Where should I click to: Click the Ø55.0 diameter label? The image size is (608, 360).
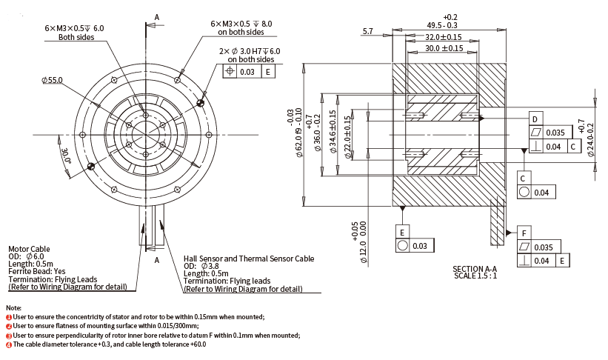[x=53, y=79]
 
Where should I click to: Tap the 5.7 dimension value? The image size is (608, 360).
[x=369, y=31]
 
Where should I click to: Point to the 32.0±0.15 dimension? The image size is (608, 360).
[x=444, y=37]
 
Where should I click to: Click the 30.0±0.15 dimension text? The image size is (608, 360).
[x=444, y=48]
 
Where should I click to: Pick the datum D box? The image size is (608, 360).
[x=534, y=119]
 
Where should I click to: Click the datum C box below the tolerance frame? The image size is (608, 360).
[x=523, y=179]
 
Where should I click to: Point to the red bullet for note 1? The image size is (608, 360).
[x=9, y=316]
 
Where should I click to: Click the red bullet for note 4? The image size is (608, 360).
[x=9, y=344]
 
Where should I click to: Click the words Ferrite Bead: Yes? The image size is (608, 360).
[x=36, y=271]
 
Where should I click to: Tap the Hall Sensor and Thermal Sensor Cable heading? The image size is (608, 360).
[x=249, y=259]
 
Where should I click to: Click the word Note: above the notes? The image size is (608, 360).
[x=13, y=307]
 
